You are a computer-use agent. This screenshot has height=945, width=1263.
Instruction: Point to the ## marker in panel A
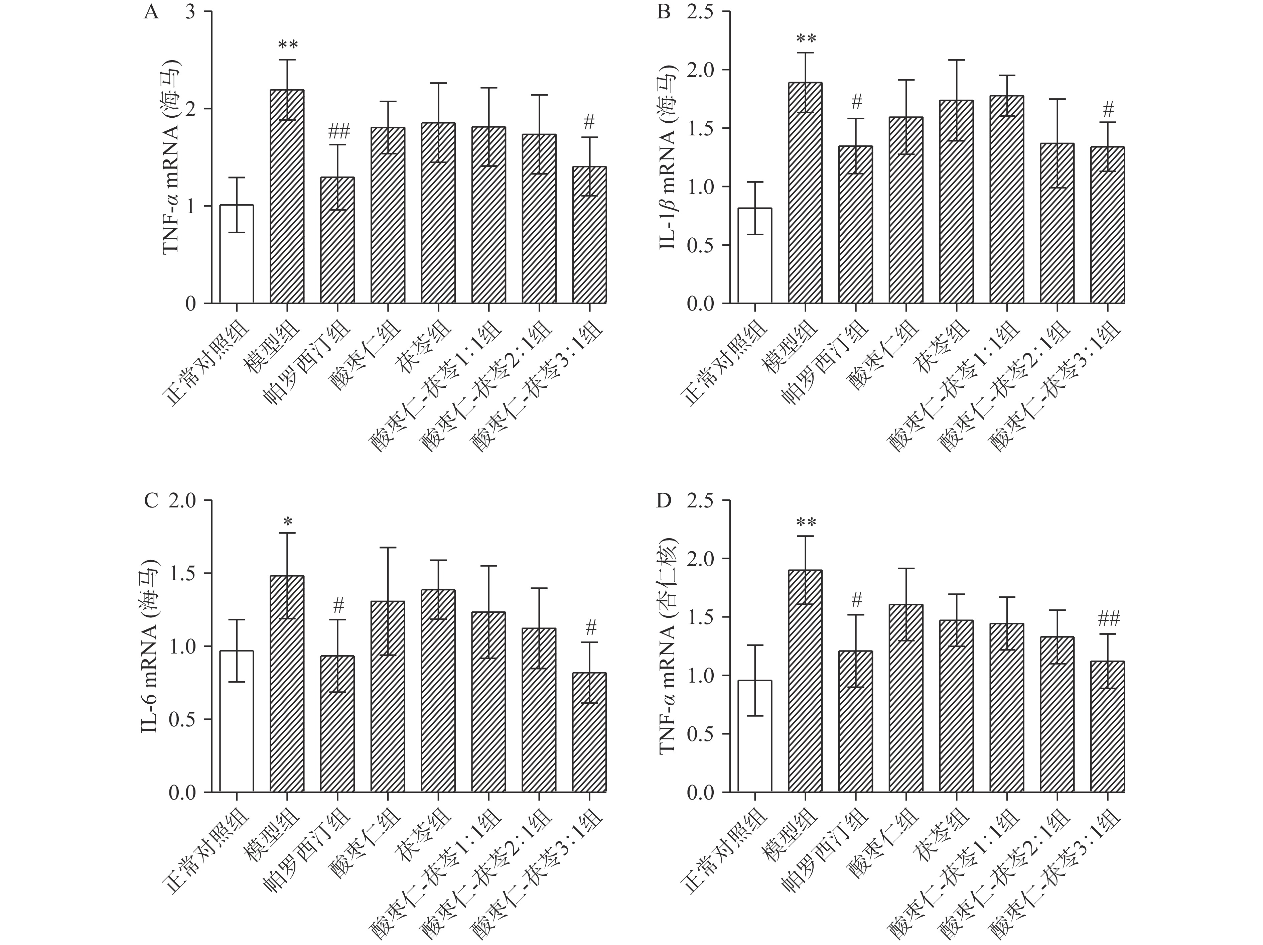point(338,133)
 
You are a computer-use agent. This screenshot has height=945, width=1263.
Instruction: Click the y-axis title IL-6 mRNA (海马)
point(150,645)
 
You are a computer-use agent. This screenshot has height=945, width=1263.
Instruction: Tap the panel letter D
point(664,501)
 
